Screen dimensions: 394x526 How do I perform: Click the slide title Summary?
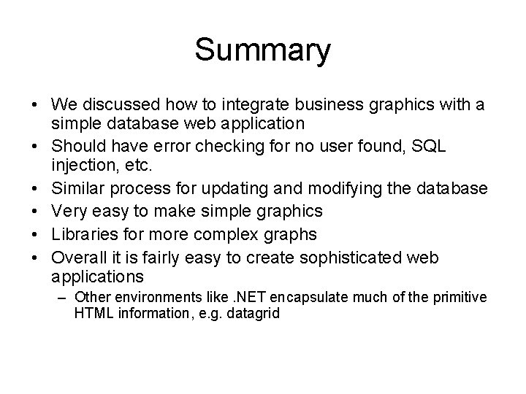tap(262, 50)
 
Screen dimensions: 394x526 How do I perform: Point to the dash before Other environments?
tap(64, 297)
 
